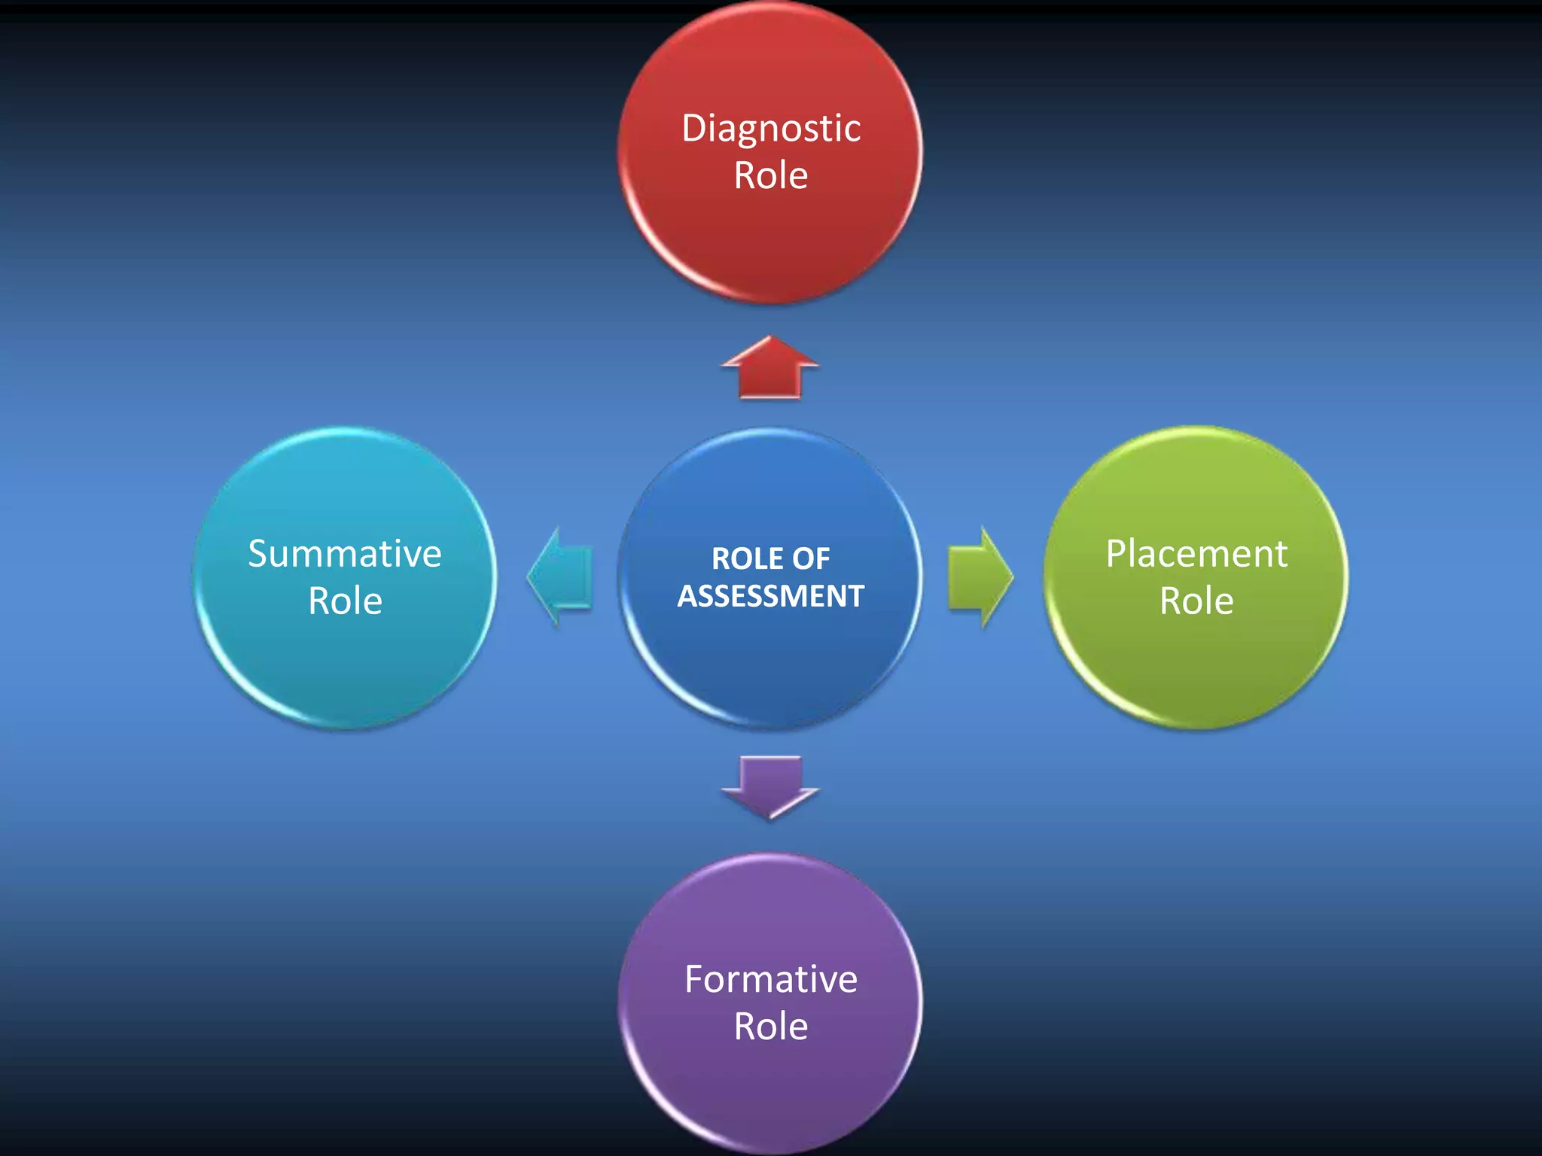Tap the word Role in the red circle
tap(771, 176)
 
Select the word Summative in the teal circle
tap(345, 555)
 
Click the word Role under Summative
tap(345, 601)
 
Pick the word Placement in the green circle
tap(1196, 555)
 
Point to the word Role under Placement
tap(1196, 601)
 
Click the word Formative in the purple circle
tap(771, 980)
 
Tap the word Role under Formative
tap(771, 1027)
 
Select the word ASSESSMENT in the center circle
tap(771, 596)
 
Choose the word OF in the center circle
tap(811, 559)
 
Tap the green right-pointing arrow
tap(979, 577)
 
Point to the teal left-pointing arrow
tap(560, 577)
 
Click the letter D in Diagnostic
tap(693, 129)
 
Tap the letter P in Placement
tap(1116, 554)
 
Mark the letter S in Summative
tap(258, 555)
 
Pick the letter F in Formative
tap(693, 980)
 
